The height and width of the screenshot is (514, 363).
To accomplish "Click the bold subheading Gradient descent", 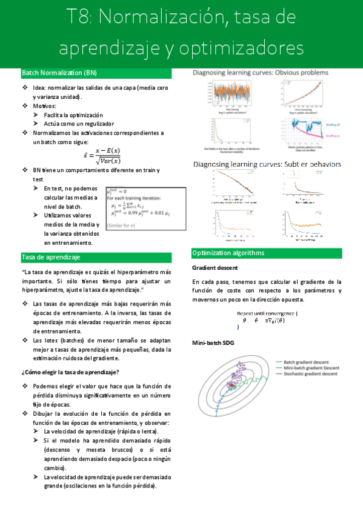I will coord(215,267).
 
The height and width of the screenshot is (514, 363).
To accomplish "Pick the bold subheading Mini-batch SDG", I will coord(212,343).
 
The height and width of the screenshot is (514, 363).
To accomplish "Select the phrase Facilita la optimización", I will coord(73,115).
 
